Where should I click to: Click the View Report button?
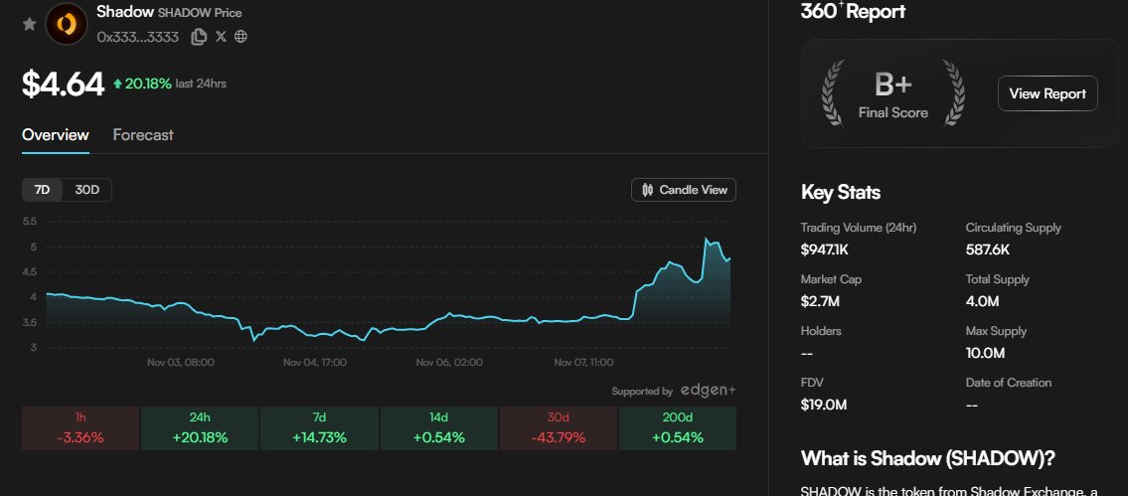(1047, 93)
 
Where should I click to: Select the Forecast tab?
(143, 134)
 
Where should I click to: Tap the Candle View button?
(684, 189)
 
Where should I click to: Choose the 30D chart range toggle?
(87, 189)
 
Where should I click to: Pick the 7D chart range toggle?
(42, 189)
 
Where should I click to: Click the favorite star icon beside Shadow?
(29, 23)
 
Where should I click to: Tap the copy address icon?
(199, 37)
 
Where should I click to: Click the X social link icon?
(221, 37)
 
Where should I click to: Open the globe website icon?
(241, 37)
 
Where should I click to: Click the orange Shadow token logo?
(67, 23)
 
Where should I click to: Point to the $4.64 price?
(63, 83)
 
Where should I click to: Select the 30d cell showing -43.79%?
(558, 428)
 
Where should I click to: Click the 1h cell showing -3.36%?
(80, 428)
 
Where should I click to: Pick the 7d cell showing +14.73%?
(319, 428)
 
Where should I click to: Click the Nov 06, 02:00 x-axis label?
(449, 363)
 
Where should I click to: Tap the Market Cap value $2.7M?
(820, 300)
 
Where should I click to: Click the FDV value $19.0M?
(823, 404)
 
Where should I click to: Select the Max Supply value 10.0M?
(986, 352)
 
